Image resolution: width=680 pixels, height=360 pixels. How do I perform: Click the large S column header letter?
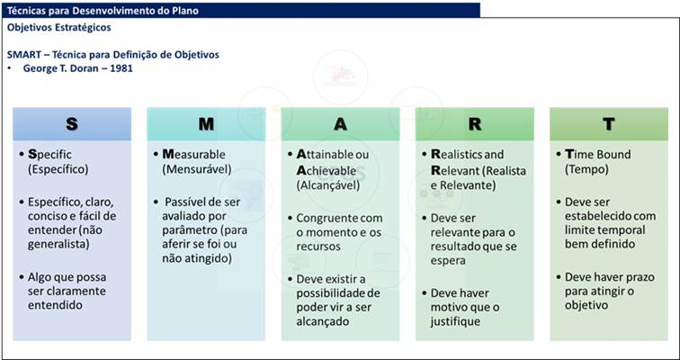point(72,124)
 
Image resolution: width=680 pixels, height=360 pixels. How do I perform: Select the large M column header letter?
point(206,124)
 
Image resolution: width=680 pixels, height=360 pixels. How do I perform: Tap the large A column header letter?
point(340,124)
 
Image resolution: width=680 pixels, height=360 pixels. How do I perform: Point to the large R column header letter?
point(475,124)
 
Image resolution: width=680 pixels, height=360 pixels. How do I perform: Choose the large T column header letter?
point(609,124)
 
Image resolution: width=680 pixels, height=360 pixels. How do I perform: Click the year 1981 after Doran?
point(121,68)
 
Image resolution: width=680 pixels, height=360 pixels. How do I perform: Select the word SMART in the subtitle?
point(22,55)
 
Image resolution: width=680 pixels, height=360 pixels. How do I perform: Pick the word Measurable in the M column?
point(194,155)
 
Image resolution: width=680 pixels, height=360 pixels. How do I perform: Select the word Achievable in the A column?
point(327,171)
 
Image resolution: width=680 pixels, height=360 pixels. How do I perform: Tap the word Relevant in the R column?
point(456,171)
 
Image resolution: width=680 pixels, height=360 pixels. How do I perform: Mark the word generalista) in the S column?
point(58,245)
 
